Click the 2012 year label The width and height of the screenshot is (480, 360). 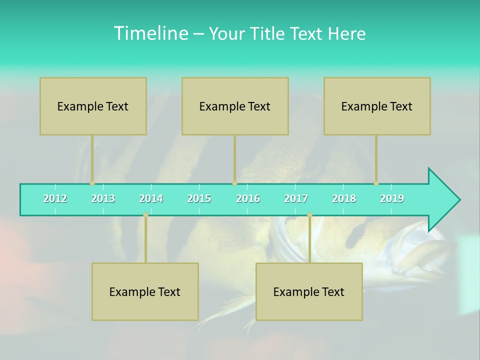[55, 198]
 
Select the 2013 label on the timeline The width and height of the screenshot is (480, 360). [103, 198]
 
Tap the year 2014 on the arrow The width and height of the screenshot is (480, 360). [151, 198]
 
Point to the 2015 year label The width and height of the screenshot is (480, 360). [199, 198]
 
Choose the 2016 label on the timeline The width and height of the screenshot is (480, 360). [248, 198]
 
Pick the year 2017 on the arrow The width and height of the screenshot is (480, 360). [296, 198]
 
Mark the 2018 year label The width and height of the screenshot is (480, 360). [344, 198]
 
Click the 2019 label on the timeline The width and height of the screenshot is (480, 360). [392, 198]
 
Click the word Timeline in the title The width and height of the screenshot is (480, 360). [150, 33]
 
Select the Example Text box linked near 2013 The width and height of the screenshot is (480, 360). [93, 106]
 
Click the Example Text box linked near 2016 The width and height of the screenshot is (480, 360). [235, 106]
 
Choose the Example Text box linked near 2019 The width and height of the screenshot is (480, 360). [377, 106]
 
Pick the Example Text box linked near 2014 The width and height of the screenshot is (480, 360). [145, 291]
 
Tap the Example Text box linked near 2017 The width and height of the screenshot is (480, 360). [309, 291]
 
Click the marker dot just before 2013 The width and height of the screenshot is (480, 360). [92, 183]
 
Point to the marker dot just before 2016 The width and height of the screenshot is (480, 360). [234, 183]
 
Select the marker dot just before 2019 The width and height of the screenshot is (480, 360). [376, 183]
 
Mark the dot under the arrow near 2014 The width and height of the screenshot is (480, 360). [145, 215]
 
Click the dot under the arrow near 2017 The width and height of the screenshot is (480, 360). [309, 215]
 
